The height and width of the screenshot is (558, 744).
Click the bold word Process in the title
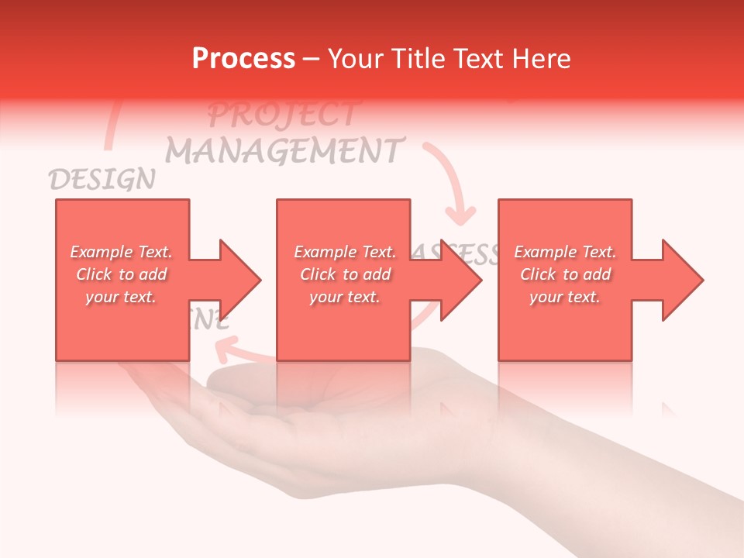243,59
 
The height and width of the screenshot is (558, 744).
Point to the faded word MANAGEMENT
285,150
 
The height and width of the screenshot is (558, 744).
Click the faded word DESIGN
102,180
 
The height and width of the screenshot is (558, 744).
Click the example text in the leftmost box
122,274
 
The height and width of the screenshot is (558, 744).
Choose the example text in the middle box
344,274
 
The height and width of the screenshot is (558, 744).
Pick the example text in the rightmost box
565,274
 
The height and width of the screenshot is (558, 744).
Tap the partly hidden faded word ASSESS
457,253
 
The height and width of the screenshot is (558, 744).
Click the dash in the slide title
312,60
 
